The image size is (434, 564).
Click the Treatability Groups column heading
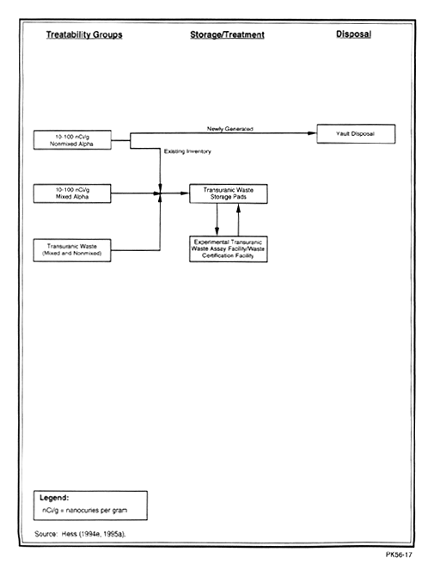[x=84, y=35]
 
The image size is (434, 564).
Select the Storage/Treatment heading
[x=227, y=35]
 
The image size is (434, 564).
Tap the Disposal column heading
[x=353, y=34]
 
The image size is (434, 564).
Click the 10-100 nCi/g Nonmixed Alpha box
[x=72, y=140]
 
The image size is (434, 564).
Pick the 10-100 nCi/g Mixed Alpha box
[x=72, y=193]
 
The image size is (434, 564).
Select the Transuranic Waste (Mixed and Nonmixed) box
[x=72, y=250]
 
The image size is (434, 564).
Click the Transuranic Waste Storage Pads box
[x=229, y=193]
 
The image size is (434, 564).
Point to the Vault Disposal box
[x=356, y=134]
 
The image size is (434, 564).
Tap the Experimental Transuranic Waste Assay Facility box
[x=229, y=249]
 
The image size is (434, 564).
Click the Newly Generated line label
[x=230, y=129]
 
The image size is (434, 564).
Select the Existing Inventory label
[x=187, y=151]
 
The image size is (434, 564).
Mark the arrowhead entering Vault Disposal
[x=312, y=133]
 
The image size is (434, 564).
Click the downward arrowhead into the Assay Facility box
[x=217, y=231]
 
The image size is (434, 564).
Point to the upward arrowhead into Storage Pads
[x=238, y=208]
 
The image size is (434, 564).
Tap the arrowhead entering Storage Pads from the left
[x=185, y=193]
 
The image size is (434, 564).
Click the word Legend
[x=54, y=498]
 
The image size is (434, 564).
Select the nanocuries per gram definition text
[x=85, y=511]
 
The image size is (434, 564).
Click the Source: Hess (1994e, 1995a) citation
[x=80, y=534]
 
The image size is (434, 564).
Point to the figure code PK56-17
[x=399, y=555]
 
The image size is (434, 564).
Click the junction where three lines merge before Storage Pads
[x=160, y=193]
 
